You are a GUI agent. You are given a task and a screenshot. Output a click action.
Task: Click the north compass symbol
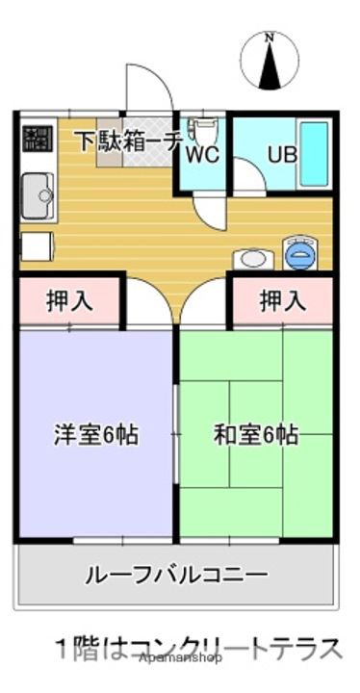(270, 60)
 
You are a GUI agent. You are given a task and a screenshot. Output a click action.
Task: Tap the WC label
(202, 154)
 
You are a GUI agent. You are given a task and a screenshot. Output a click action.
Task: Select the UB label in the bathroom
(282, 153)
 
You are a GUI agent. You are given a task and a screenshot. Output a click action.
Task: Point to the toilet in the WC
(202, 130)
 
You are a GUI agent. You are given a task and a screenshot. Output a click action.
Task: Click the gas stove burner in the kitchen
(37, 138)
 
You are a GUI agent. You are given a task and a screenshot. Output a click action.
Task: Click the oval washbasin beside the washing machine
(254, 259)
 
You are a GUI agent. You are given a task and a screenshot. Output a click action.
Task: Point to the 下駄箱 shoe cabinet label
(114, 140)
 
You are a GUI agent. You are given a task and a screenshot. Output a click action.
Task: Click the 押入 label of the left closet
(70, 301)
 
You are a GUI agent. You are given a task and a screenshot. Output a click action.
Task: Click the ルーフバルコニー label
(177, 576)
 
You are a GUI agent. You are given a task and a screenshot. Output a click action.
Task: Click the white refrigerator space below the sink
(35, 246)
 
